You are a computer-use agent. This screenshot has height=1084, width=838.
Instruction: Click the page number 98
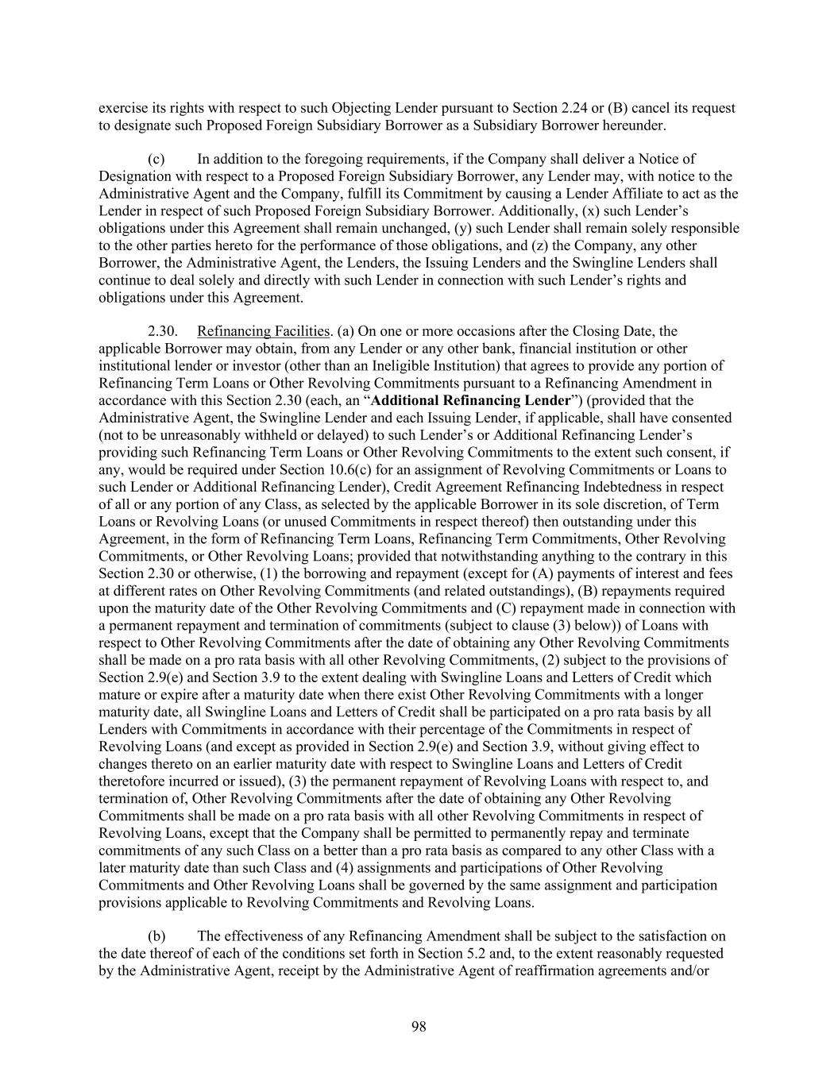[419, 1027]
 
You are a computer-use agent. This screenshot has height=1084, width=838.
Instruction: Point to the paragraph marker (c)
[156, 159]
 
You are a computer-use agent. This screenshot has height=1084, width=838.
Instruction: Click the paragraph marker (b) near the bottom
[156, 936]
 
